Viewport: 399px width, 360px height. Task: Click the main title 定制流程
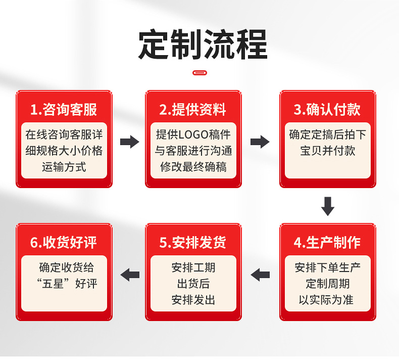tap(203, 45)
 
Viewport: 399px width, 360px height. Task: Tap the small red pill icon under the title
tap(200, 73)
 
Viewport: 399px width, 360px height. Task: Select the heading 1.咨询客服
tap(64, 109)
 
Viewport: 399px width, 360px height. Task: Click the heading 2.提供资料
tap(193, 109)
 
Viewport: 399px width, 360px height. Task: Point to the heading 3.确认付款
tap(327, 109)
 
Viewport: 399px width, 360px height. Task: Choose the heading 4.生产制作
tap(327, 242)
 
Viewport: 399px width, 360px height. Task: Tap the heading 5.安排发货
tap(193, 242)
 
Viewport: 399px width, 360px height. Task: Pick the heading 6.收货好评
tap(64, 242)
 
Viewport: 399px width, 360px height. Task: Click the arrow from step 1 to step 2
tap(129, 142)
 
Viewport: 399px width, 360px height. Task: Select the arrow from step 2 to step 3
tap(260, 142)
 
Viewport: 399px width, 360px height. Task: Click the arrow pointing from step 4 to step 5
tap(261, 275)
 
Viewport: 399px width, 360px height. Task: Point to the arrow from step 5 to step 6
tap(130, 275)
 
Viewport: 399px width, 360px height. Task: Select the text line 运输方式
tap(64, 167)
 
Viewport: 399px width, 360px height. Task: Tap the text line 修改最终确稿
tap(193, 167)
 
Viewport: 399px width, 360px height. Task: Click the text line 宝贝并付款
tap(327, 151)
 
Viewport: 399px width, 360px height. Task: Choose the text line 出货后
tap(193, 284)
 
